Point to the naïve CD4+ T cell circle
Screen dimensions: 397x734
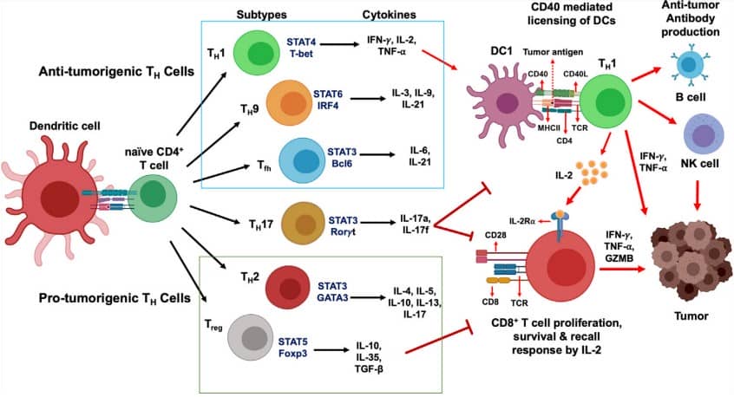click(x=154, y=194)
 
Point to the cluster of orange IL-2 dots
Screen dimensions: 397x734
click(x=593, y=174)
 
